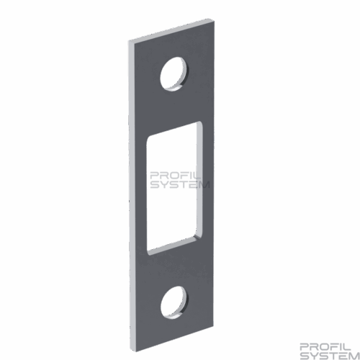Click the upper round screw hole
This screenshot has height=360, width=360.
174,74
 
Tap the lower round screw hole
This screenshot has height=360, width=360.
174,302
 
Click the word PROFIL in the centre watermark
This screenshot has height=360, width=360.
174,176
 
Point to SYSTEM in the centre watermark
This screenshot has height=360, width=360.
180,184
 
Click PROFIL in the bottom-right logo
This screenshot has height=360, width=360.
325,347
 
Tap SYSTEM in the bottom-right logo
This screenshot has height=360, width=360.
330,356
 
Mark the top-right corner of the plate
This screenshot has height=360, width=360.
214,21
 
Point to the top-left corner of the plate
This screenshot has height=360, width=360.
129,41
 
